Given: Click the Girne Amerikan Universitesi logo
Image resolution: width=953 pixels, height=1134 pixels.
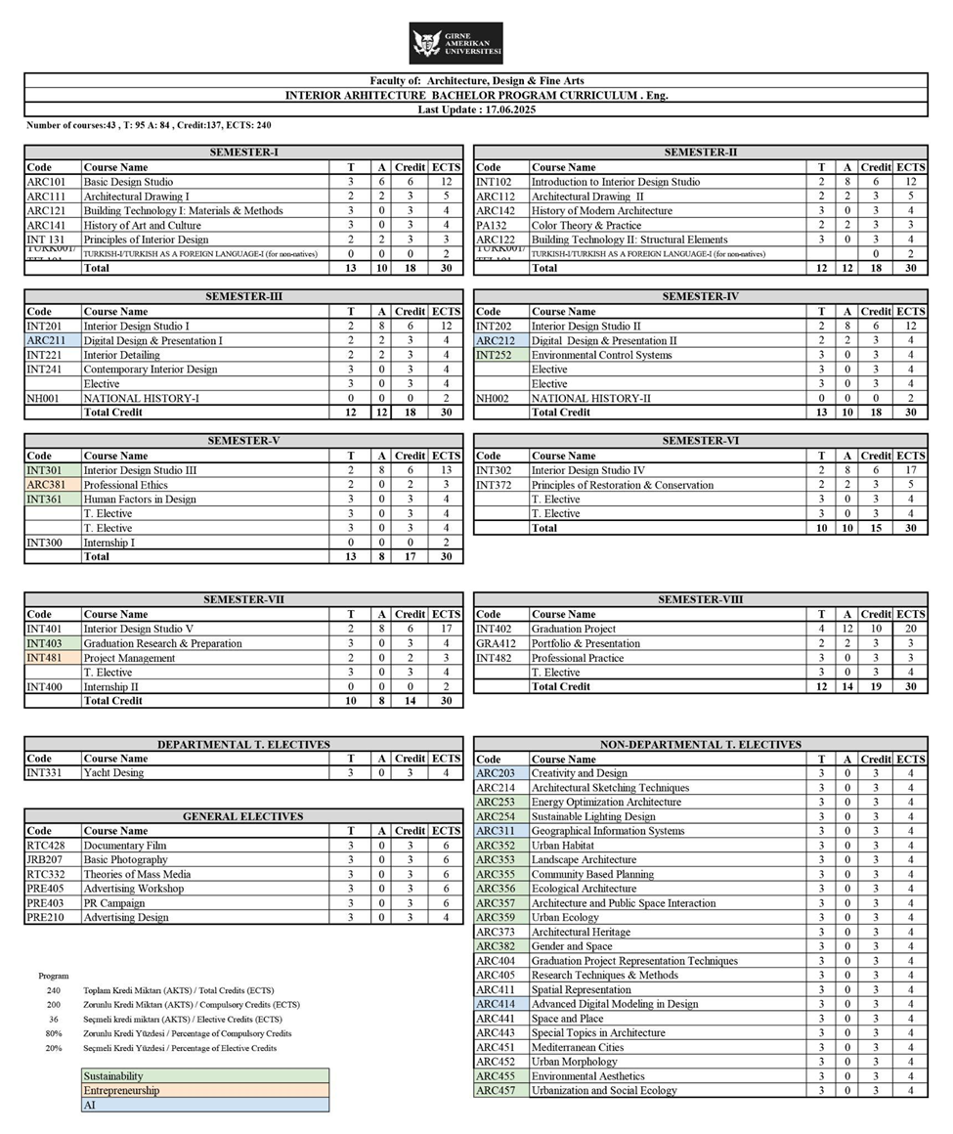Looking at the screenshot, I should pos(455,44).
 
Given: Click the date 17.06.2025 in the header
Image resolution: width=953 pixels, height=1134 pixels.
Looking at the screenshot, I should pos(508,109).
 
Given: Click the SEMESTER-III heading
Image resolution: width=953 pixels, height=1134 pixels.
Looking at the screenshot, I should pos(243,296).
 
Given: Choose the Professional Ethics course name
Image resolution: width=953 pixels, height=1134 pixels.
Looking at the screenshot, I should pos(125,485).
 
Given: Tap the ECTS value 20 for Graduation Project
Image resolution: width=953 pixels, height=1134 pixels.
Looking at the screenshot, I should pos(910,630).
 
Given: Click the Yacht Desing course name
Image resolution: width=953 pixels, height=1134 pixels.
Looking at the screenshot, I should pos(113,773).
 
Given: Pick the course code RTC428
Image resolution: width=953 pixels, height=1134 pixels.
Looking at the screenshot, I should pos(45,846).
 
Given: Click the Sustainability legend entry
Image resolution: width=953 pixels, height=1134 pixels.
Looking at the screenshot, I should pos(113,1076).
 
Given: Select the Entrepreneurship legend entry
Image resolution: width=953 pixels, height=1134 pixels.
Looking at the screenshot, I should pos(121,1090).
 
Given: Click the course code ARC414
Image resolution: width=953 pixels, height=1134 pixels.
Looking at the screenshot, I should pos(496,1004).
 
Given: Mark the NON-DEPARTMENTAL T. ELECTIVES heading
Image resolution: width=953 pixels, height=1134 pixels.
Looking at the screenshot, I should pos(700,745).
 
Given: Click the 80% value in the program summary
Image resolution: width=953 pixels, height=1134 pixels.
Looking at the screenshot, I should pos(54,1033).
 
